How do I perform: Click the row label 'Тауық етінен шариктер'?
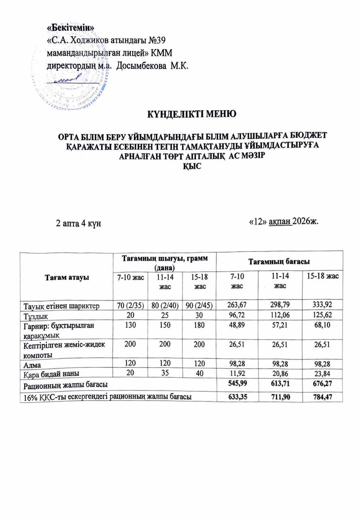tap(60, 305)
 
